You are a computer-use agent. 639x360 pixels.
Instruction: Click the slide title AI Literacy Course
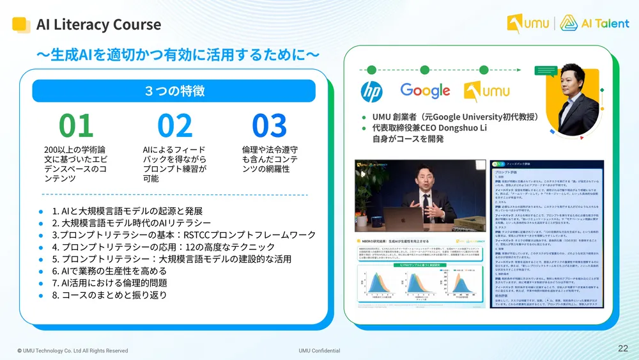point(98,25)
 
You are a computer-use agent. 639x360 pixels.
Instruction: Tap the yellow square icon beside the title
point(21,25)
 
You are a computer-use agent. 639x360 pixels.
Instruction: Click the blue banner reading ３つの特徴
point(174,90)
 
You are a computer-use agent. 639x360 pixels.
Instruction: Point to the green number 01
point(76,126)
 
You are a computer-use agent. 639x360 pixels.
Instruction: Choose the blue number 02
point(174,126)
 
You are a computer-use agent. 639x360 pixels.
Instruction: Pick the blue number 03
point(269,126)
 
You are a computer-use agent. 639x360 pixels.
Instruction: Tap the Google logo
point(425,91)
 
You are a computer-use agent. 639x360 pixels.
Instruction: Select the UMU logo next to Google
point(486,91)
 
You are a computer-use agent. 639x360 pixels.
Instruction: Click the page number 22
point(622,348)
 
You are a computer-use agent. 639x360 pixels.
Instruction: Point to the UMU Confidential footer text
point(319,350)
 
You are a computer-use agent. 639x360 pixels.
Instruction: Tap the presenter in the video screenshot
point(427,198)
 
